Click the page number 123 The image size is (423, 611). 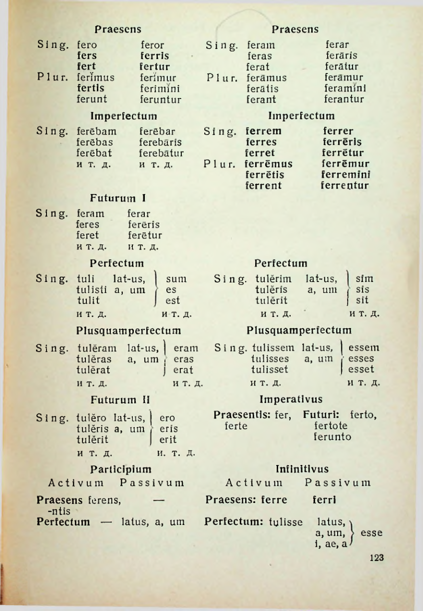[376, 558]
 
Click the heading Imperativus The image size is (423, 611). [291, 399]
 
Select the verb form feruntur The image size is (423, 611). [161, 99]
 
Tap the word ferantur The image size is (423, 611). [344, 99]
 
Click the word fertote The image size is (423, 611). [331, 426]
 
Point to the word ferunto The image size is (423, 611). [332, 437]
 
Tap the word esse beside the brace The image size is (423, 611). [372, 533]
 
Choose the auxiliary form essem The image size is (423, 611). [364, 347]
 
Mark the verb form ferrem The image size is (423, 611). [263, 131]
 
